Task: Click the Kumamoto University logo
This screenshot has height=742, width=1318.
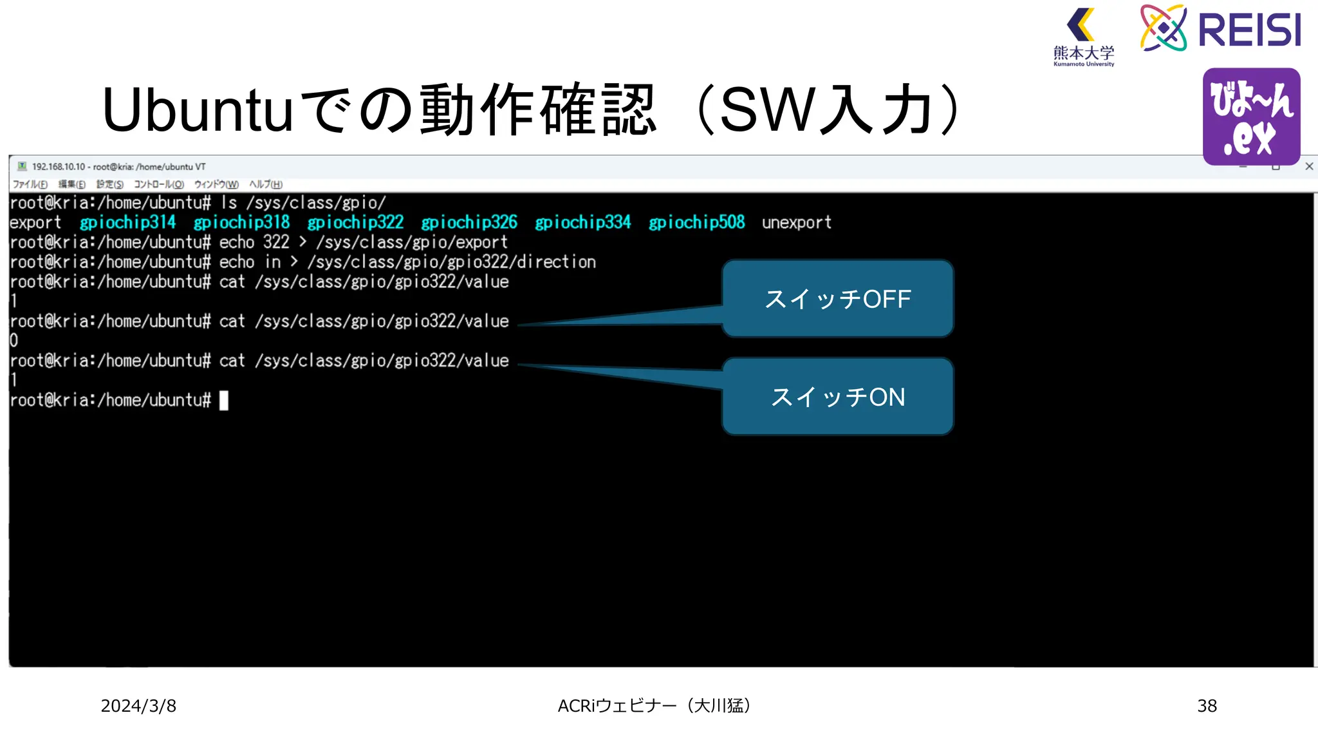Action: click(x=1084, y=37)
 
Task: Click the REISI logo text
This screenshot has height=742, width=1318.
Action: click(x=1249, y=30)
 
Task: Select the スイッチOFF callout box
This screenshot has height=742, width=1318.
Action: click(x=837, y=299)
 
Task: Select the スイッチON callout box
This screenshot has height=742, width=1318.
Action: click(x=837, y=397)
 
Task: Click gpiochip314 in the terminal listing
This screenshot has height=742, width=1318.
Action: click(x=127, y=223)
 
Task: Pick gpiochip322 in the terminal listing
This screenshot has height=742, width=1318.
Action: click(x=355, y=223)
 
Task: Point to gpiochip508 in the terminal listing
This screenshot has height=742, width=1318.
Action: click(x=696, y=223)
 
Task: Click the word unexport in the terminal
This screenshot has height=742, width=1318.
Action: click(x=797, y=223)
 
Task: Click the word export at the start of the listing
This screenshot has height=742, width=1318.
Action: click(x=35, y=223)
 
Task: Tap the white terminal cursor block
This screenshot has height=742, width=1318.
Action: click(x=224, y=401)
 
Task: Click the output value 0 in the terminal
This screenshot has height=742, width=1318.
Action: click(x=14, y=341)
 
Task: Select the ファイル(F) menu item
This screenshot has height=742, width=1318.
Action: click(x=30, y=184)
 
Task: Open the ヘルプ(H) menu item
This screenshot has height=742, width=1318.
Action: click(x=266, y=184)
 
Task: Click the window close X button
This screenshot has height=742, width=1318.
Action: click(x=1309, y=166)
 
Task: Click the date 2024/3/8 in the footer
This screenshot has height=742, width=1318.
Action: click(x=138, y=706)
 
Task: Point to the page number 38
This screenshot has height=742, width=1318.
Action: click(x=1207, y=706)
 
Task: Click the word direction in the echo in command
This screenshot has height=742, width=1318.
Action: click(x=557, y=262)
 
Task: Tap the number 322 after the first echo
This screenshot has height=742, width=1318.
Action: click(x=276, y=242)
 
